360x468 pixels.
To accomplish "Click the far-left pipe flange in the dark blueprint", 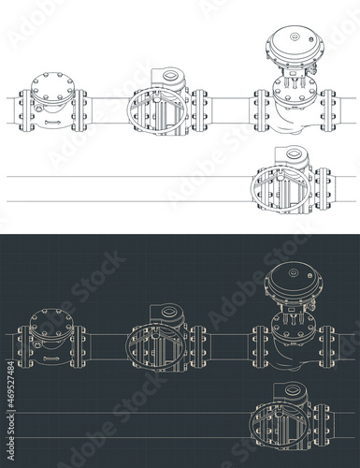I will [x=20, y=343].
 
